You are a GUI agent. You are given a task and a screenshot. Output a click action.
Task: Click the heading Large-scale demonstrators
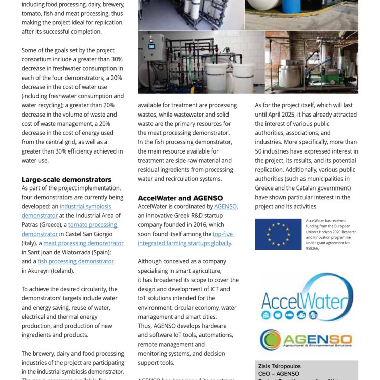pyautogui.click(x=66, y=179)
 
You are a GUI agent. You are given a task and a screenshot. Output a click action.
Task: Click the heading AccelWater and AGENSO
pyautogui.click(x=180, y=198)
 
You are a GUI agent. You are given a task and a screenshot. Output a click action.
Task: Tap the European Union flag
pyautogui.click(x=278, y=234)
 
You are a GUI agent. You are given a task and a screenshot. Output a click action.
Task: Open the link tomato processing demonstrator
pyautogui.click(x=93, y=224)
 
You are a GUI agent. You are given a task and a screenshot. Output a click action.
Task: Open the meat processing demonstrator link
pyautogui.click(x=83, y=243)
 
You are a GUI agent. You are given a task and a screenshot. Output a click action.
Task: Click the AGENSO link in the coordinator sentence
pyautogui.click(x=225, y=207)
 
